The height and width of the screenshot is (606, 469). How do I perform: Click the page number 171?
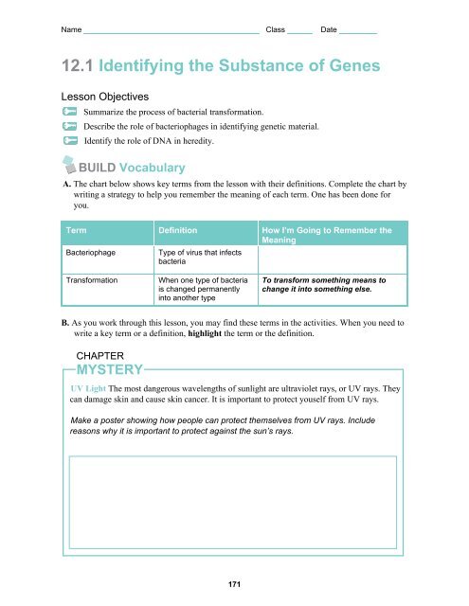[235, 584]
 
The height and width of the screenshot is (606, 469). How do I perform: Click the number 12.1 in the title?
[80, 66]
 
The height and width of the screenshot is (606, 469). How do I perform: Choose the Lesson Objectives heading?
[103, 98]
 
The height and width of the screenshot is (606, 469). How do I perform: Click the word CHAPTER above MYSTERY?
[101, 352]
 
